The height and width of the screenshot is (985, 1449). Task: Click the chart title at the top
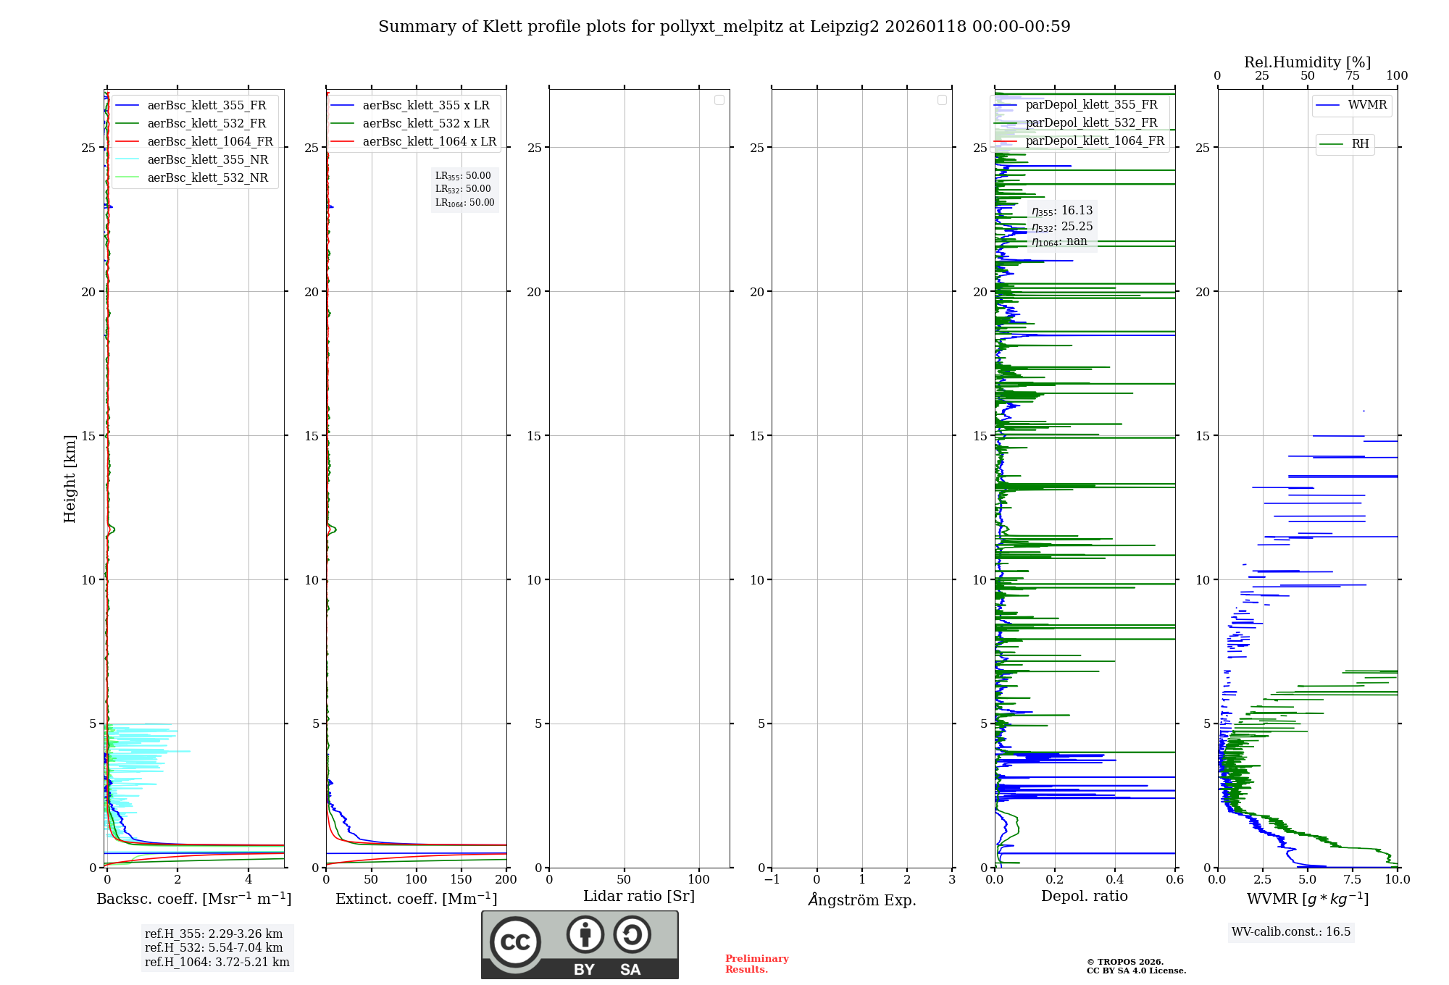(x=724, y=27)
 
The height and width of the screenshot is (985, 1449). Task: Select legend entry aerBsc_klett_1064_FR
(x=209, y=141)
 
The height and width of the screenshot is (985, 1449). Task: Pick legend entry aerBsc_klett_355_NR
(x=207, y=159)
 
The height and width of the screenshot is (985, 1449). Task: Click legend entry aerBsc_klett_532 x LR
(x=425, y=123)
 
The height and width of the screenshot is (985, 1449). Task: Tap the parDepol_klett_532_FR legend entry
(x=1091, y=122)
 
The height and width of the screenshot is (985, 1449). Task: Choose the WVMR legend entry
(x=1367, y=105)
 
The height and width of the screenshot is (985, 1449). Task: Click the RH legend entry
(x=1360, y=144)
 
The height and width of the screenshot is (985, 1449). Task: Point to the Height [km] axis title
(x=70, y=479)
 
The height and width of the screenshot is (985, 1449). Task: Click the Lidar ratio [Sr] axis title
(x=638, y=896)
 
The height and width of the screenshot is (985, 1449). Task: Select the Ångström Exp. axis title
(x=861, y=900)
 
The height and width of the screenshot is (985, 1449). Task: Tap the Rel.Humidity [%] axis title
(x=1307, y=62)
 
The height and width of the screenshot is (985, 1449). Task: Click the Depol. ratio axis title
(x=1084, y=896)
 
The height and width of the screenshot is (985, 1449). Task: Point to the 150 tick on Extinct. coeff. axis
(x=461, y=879)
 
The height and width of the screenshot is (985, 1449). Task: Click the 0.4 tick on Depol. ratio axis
(x=1114, y=879)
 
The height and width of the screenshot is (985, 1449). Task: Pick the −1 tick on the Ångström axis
(x=772, y=879)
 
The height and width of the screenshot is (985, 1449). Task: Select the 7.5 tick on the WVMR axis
(x=1353, y=879)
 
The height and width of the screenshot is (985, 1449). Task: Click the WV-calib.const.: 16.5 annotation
(x=1291, y=931)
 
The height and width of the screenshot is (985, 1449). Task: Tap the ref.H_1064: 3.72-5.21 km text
(x=217, y=962)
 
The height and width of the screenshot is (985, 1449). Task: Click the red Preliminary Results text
(x=756, y=963)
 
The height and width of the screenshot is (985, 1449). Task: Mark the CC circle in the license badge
(x=515, y=942)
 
